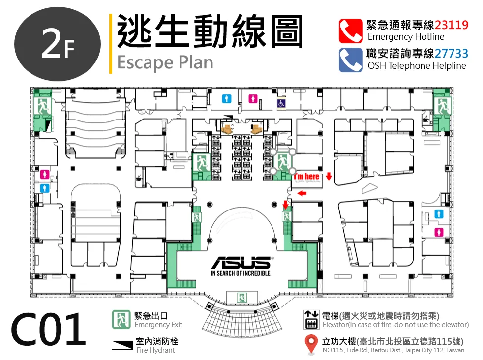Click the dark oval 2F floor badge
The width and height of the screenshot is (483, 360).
click(58, 44)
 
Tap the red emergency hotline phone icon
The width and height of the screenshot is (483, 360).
click(351, 31)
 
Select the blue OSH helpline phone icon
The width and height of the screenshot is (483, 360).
click(351, 60)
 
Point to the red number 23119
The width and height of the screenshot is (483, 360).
click(452, 25)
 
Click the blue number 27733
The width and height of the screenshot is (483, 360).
click(452, 54)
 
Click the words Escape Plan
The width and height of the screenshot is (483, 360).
click(165, 63)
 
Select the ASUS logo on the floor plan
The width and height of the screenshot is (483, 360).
click(241, 263)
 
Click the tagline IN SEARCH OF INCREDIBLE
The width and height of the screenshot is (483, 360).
click(241, 273)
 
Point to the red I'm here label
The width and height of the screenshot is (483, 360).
click(306, 176)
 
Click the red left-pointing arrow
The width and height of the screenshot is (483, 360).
click(302, 193)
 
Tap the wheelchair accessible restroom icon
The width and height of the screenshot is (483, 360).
click(281, 103)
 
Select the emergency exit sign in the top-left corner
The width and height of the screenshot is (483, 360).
click(42, 106)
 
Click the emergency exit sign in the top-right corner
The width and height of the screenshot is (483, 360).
click(442, 106)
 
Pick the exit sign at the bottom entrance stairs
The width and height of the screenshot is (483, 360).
click(242, 298)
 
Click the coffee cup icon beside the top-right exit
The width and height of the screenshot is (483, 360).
click(426, 119)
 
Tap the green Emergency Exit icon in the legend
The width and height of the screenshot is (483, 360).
click(121, 319)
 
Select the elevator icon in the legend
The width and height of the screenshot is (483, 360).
click(311, 320)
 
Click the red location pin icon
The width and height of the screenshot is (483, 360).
click(311, 344)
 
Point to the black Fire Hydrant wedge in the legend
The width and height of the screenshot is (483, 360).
click(122, 345)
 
